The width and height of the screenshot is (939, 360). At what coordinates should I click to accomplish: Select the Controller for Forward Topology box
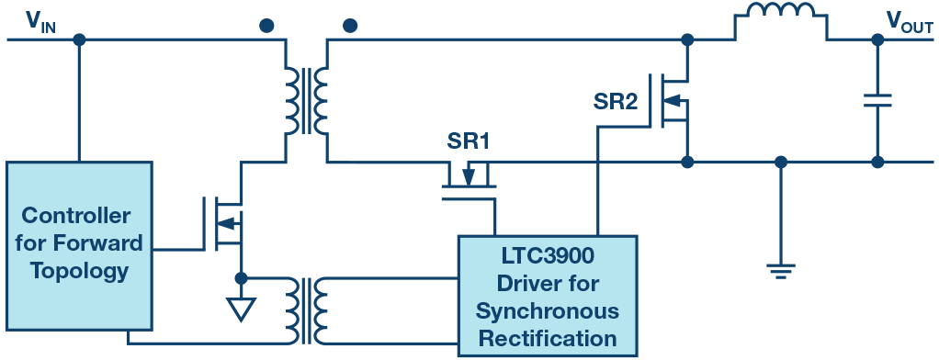tap(79, 245)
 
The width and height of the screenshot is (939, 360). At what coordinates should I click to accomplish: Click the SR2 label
tap(617, 102)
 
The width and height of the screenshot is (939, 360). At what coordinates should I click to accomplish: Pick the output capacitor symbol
tap(877, 100)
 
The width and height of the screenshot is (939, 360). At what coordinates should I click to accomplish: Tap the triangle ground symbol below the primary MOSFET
tap(241, 309)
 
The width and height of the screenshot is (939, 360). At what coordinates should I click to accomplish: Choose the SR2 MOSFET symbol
tap(673, 100)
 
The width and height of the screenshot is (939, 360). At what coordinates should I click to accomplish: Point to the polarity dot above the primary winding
tap(266, 26)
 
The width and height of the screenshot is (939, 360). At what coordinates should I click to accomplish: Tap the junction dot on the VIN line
tap(79, 40)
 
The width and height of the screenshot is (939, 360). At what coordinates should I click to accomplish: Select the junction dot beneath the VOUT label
tap(877, 40)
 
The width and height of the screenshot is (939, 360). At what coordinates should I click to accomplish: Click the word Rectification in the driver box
tap(547, 338)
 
